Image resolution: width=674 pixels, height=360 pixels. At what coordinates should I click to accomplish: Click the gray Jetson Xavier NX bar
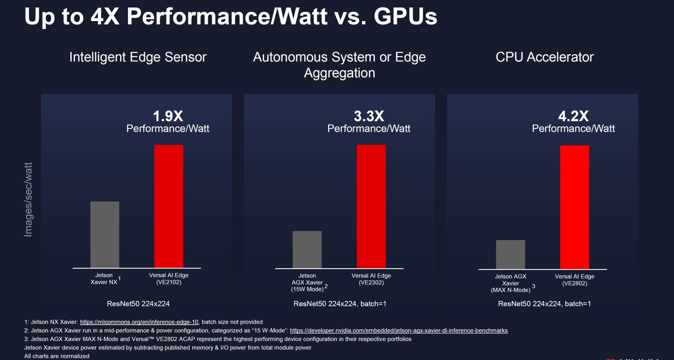[x=104, y=234]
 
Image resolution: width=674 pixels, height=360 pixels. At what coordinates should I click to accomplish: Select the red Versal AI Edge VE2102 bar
[x=168, y=206]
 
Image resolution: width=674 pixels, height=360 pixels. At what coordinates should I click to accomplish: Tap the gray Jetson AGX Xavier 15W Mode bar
[x=307, y=249]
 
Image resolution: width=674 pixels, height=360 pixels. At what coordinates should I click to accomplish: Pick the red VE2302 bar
[x=371, y=206]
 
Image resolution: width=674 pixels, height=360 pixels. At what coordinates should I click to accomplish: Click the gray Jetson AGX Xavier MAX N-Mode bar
[x=510, y=254]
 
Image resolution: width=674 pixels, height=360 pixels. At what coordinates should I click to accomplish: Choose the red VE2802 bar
[x=574, y=207]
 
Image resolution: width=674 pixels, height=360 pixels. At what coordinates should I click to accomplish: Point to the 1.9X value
[x=168, y=116]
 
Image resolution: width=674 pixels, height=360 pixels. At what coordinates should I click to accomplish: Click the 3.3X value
[x=369, y=116]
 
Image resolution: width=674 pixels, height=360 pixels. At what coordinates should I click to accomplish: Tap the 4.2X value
[x=573, y=116]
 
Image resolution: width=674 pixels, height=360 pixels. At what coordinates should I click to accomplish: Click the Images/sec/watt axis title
[x=28, y=200]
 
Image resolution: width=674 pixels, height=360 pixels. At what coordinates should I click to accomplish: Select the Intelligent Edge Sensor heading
[x=138, y=57]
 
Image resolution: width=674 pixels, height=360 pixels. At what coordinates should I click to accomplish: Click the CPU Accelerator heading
[x=544, y=57]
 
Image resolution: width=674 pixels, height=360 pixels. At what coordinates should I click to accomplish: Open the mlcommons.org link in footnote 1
[x=139, y=322]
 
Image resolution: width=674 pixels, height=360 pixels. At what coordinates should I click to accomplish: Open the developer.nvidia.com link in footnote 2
[x=399, y=331]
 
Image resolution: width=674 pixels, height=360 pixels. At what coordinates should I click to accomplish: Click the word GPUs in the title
[x=405, y=16]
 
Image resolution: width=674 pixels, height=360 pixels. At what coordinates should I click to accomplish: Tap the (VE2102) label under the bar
[x=168, y=282]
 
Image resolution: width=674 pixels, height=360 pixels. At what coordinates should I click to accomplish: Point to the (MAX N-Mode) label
[x=510, y=290]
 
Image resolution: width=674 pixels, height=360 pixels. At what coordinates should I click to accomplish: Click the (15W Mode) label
[x=307, y=289]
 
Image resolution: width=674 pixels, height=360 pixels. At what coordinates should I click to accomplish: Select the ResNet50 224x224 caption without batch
[x=138, y=304]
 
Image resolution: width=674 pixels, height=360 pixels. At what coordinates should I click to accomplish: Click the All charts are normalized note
[x=57, y=356]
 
